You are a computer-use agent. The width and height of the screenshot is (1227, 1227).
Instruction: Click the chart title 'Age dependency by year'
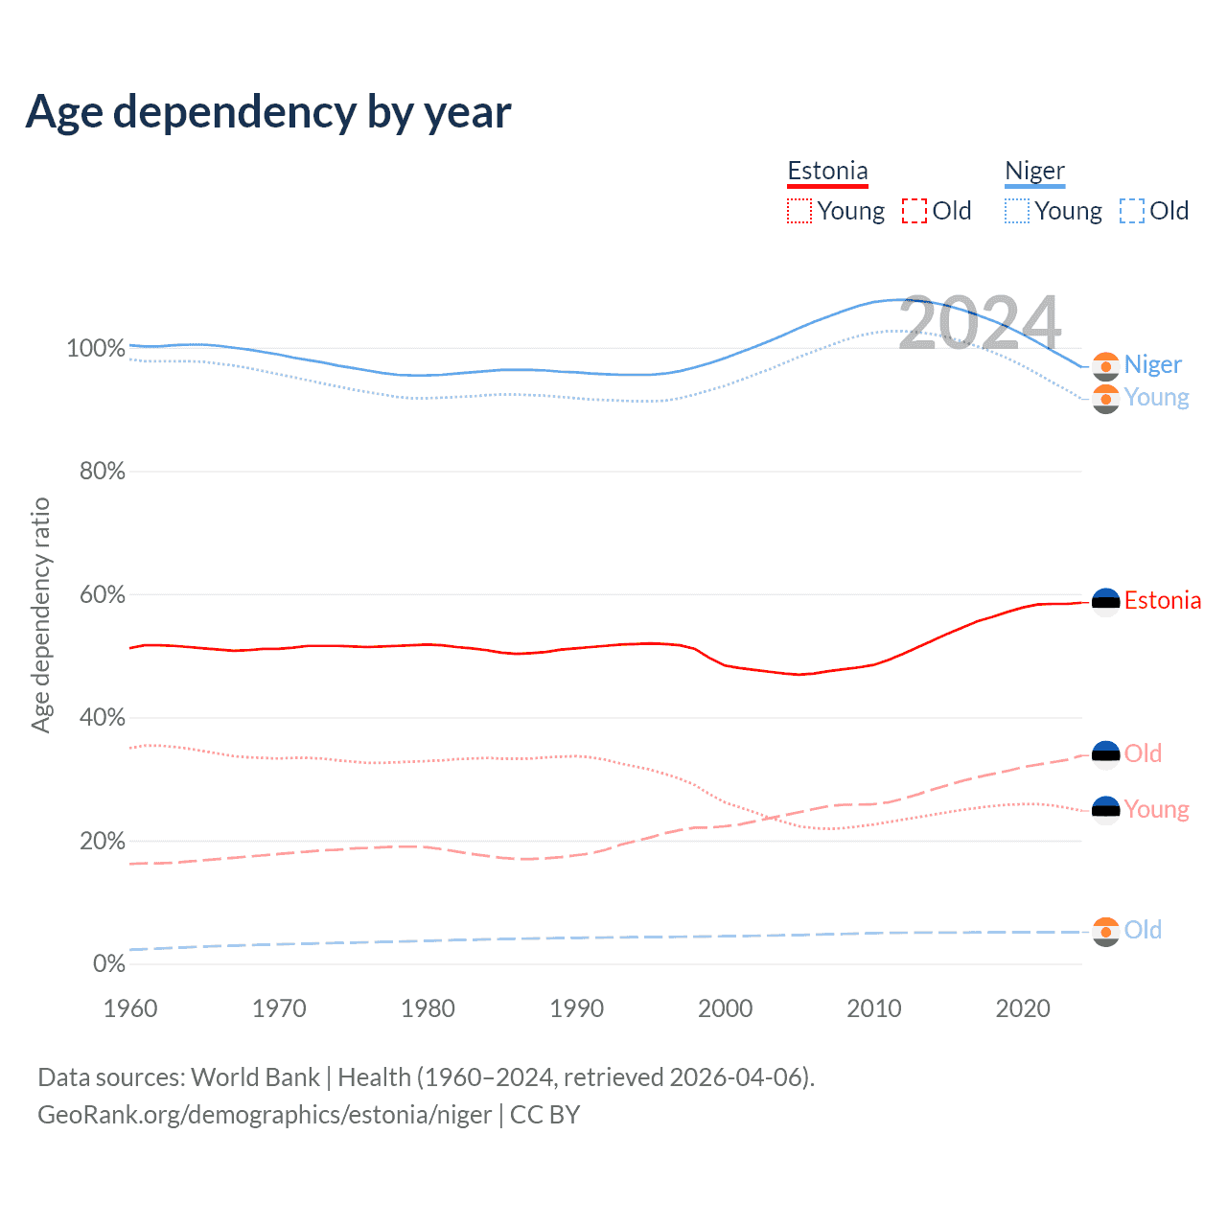(x=268, y=112)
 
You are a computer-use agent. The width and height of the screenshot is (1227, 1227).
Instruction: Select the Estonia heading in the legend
(x=827, y=172)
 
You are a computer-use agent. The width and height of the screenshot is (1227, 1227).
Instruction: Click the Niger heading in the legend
(x=1034, y=172)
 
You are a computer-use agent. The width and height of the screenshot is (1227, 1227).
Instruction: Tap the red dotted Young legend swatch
(x=799, y=211)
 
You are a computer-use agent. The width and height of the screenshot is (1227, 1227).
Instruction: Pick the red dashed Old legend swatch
(x=914, y=211)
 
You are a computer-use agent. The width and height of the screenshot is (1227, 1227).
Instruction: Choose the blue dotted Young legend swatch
(x=1016, y=211)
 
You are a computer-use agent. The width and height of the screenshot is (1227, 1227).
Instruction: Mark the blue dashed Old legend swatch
(x=1131, y=211)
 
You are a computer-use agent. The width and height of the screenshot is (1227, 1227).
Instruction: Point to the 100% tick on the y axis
(x=96, y=349)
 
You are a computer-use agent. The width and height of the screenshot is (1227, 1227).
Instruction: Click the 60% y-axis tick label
(x=102, y=595)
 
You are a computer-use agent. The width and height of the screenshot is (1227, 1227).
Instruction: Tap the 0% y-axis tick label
(x=108, y=964)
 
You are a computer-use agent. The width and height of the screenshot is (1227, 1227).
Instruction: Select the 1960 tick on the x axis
(x=130, y=1008)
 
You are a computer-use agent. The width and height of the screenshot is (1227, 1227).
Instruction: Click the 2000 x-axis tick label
(x=726, y=1008)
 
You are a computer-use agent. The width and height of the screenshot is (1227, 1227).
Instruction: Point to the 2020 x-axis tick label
(x=1023, y=1008)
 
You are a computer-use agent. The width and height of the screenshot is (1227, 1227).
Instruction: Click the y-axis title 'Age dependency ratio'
(x=40, y=614)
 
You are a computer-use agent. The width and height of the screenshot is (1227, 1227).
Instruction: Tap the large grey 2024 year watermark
(x=980, y=323)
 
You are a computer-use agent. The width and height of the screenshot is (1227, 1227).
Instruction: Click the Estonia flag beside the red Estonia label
(x=1106, y=602)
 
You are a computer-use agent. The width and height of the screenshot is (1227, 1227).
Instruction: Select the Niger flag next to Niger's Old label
(x=1106, y=932)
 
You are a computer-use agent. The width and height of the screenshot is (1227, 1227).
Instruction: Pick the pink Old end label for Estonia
(x=1143, y=754)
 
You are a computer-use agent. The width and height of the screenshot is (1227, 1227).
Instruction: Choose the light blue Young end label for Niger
(x=1156, y=398)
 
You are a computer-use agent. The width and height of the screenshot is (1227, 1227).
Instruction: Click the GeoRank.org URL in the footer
(x=265, y=1115)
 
